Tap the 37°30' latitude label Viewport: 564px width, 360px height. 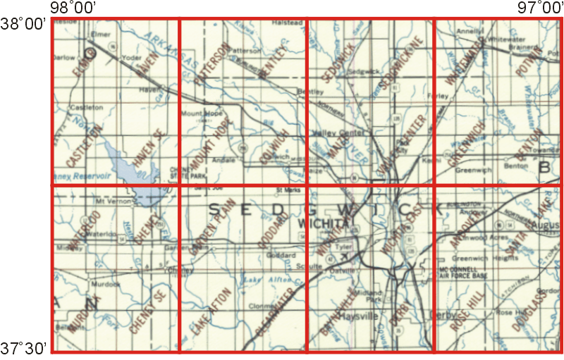[x=23, y=348]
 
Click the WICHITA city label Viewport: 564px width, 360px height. [x=324, y=223]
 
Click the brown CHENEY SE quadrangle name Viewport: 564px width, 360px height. [x=147, y=315]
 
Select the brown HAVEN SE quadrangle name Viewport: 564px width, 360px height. [x=147, y=149]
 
